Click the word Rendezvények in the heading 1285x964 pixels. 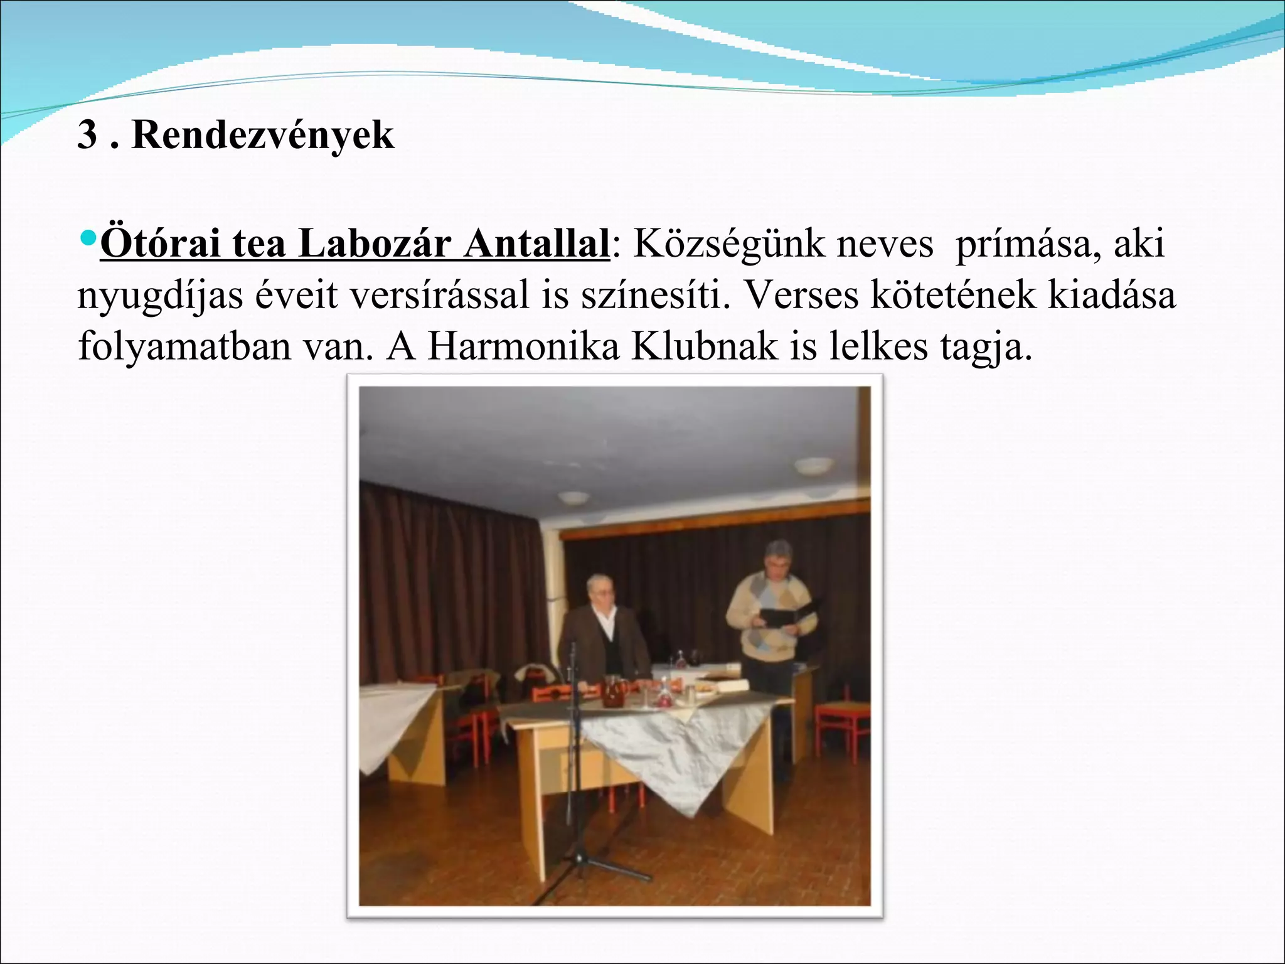263,135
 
